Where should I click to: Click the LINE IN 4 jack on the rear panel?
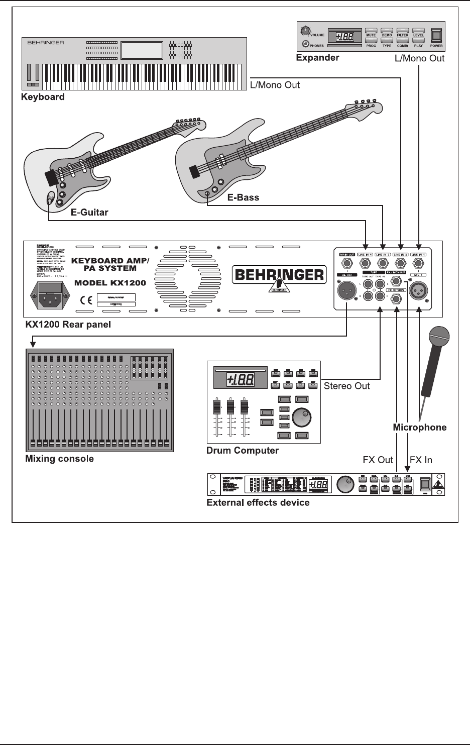[366, 263]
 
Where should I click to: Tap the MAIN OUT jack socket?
[347, 263]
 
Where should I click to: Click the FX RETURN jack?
[396, 300]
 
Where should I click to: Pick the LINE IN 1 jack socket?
[418, 263]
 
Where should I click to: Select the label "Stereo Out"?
[346, 386]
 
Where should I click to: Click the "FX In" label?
[421, 460]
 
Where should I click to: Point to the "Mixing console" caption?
[59, 459]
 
